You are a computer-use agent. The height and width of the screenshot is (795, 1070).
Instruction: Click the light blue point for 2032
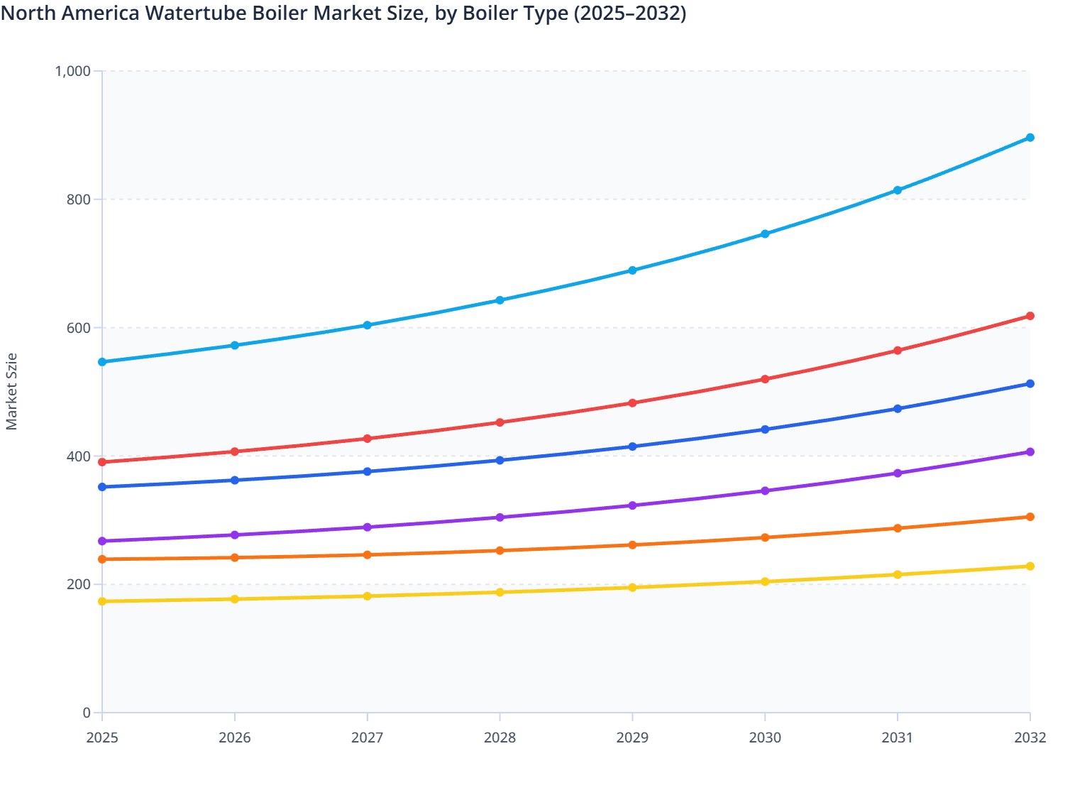point(1030,138)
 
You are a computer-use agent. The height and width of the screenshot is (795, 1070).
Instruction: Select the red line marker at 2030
point(765,379)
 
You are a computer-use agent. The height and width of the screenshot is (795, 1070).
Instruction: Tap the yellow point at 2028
point(500,592)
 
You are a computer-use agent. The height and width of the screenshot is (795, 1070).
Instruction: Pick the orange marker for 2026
point(235,558)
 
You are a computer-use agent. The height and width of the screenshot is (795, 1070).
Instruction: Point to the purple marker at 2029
point(632,505)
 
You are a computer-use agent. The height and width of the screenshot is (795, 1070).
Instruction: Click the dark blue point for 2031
point(898,409)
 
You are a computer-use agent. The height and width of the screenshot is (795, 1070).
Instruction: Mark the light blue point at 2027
point(368,325)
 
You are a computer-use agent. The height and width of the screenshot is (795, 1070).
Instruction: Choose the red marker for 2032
point(1030,316)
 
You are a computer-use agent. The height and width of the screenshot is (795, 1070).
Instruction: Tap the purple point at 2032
point(1030,452)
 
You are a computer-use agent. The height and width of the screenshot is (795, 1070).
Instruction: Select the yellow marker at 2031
point(898,574)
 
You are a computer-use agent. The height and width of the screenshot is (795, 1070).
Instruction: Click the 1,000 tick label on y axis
point(72,71)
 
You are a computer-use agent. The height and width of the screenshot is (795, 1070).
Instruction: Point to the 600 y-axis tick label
point(79,328)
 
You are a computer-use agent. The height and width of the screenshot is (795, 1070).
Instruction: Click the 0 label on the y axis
point(87,713)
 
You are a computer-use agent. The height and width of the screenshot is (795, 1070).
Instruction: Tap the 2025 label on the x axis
point(102,738)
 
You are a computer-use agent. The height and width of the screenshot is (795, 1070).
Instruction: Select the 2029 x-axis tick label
point(632,738)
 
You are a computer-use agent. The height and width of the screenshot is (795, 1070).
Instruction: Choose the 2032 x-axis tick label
point(1030,738)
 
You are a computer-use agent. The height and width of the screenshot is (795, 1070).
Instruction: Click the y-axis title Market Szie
point(11,392)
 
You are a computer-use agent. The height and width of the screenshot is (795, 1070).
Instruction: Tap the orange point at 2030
point(765,537)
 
